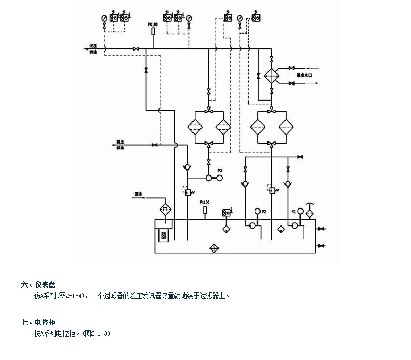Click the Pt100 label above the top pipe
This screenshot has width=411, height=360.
(x=153, y=24)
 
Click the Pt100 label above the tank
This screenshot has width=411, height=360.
(x=205, y=203)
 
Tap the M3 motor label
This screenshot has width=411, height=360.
(x=220, y=170)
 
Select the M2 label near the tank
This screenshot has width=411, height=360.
(x=264, y=212)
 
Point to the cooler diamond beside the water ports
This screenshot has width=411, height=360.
(x=272, y=76)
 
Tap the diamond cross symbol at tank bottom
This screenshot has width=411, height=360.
(x=214, y=248)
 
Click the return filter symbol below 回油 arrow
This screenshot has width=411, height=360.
(x=164, y=208)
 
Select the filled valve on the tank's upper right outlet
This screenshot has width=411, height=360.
(x=321, y=229)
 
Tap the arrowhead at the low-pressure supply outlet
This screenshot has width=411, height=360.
(x=86, y=49)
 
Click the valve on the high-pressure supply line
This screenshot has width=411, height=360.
(x=155, y=145)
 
